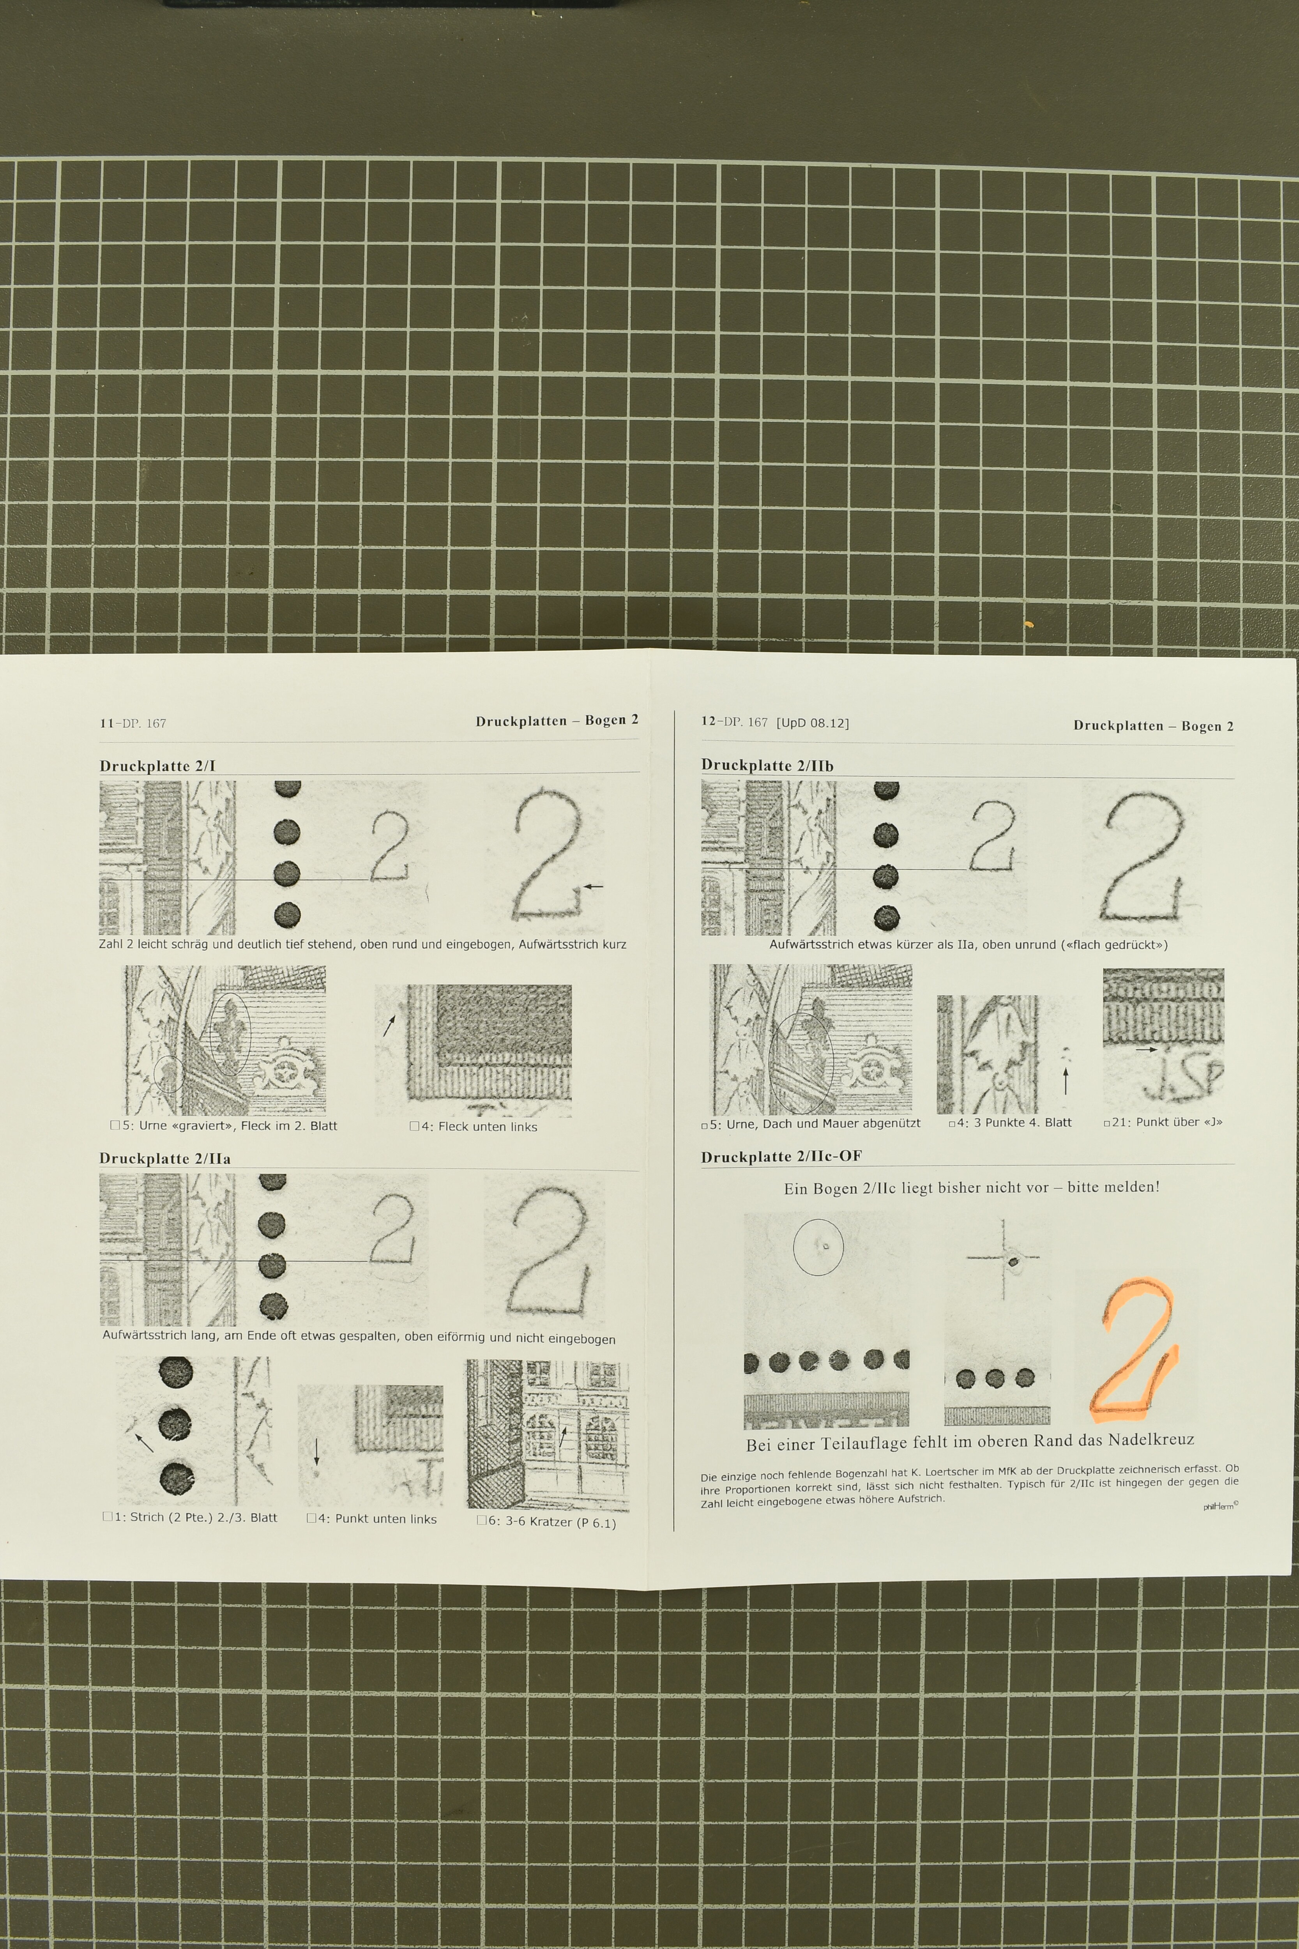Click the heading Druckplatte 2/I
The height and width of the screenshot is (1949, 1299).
157,766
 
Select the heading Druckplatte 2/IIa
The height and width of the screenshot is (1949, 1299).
165,1158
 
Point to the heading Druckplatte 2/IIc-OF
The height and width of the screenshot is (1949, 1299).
781,1157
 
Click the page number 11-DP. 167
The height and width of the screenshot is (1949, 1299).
133,723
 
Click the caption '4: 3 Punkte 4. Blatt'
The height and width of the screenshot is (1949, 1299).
1010,1123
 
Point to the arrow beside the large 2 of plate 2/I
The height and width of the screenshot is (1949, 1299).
593,887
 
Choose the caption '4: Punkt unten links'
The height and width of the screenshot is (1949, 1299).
372,1519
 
